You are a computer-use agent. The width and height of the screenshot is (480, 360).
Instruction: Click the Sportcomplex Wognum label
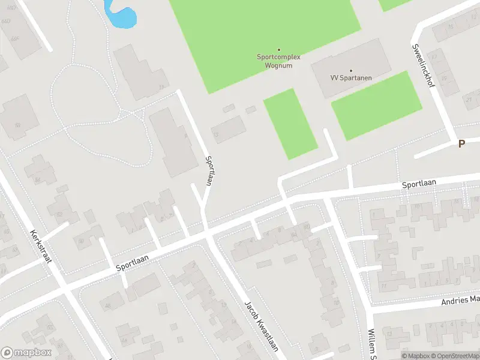coord(278,61)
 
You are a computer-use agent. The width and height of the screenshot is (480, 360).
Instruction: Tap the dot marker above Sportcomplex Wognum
coord(278,49)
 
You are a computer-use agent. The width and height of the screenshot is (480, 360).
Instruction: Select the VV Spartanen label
coord(351,78)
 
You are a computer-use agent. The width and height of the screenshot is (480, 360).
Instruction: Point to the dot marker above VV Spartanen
coord(351,70)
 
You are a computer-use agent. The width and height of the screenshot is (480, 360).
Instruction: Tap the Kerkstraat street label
coord(41,250)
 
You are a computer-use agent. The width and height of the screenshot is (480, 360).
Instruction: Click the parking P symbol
coord(461,143)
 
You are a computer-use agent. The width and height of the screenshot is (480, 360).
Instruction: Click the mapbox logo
coord(26,353)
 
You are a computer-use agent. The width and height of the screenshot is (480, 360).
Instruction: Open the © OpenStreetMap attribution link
coord(452,356)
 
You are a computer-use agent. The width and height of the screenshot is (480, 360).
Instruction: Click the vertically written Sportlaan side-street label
coord(208,171)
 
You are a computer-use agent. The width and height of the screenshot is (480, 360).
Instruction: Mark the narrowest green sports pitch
coord(290,124)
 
